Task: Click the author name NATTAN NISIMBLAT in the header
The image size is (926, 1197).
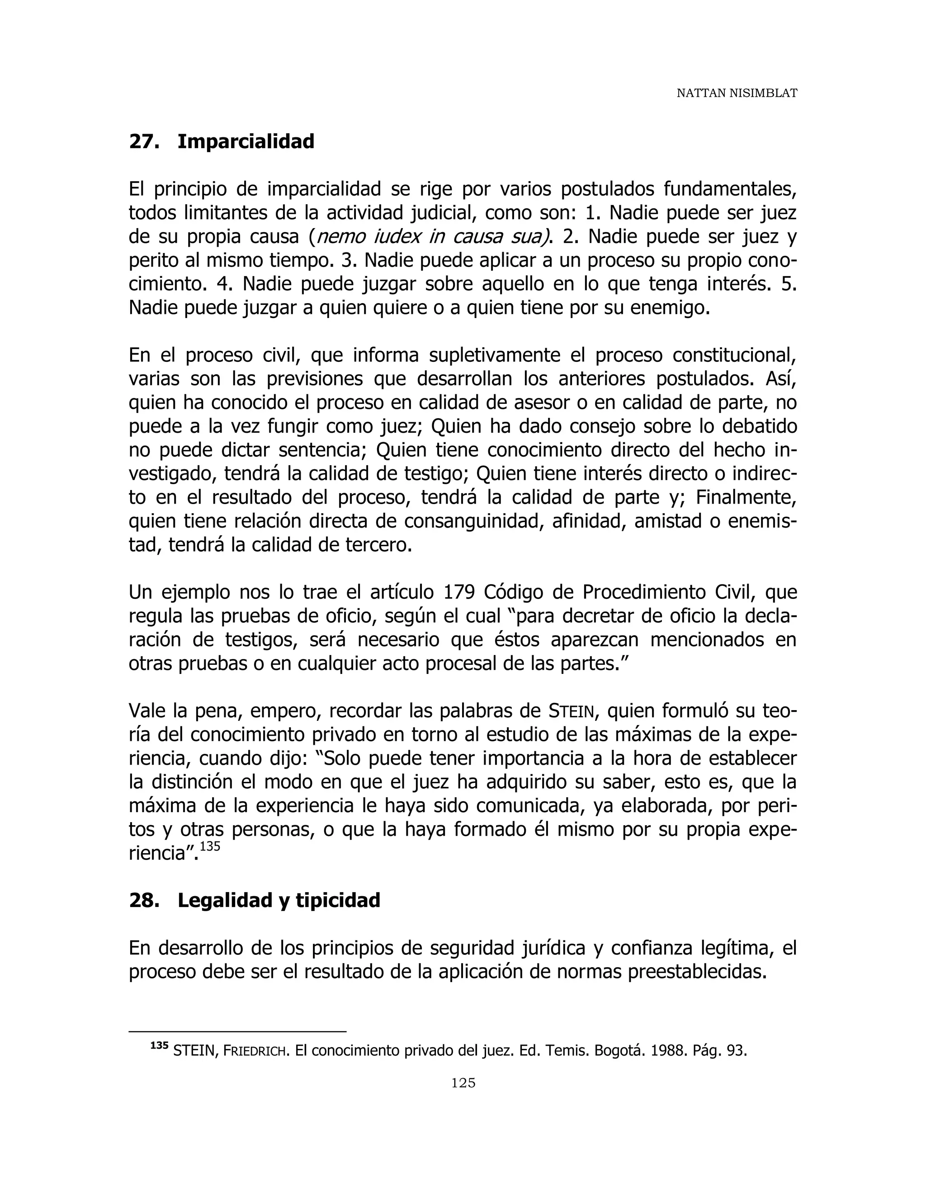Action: click(736, 94)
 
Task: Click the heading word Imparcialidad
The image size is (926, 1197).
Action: click(246, 141)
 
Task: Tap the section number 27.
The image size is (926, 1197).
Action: click(144, 141)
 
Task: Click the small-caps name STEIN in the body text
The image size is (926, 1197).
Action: click(572, 711)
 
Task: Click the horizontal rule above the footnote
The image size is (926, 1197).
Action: click(237, 1032)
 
